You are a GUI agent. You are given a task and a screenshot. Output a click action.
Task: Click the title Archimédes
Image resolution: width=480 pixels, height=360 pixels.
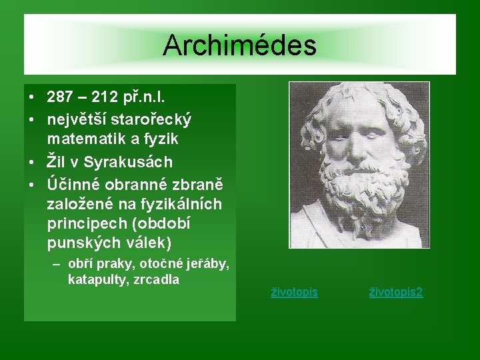pyautogui.click(x=239, y=45)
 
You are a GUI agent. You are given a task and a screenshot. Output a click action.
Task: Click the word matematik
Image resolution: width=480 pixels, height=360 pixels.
pyautogui.click(x=84, y=140)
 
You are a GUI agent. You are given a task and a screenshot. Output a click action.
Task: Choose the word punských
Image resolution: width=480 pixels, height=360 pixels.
pyautogui.click(x=78, y=241)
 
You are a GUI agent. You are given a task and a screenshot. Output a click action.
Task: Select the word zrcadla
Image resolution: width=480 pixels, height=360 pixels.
pyautogui.click(x=157, y=279)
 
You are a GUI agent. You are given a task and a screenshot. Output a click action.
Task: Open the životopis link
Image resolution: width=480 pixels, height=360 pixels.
pyautogui.click(x=294, y=292)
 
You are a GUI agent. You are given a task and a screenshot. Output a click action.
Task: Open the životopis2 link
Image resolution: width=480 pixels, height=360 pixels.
pyautogui.click(x=396, y=292)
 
